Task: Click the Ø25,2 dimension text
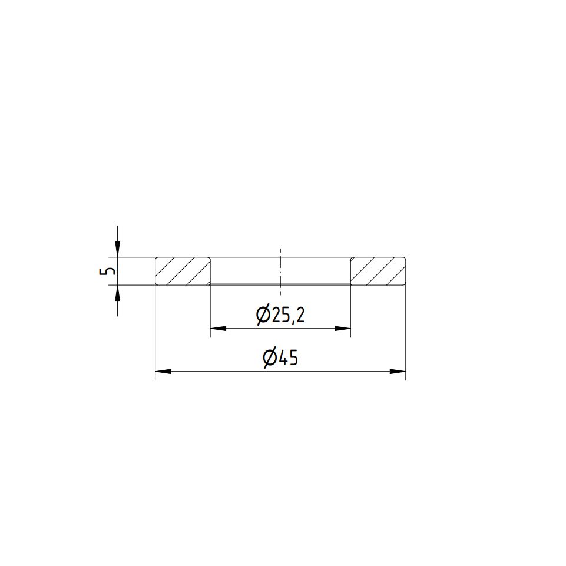coord(280,316)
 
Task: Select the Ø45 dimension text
coord(280,358)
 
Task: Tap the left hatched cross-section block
coord(183,271)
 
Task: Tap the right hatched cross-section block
coord(378,271)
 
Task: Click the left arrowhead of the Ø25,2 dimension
coord(218,329)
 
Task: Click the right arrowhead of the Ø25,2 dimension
coord(343,329)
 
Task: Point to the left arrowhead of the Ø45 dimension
coord(163,371)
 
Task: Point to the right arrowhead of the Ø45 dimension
coord(398,371)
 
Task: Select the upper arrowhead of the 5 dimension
coord(117,249)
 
